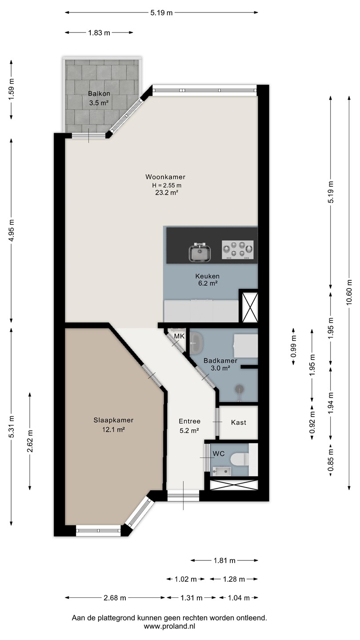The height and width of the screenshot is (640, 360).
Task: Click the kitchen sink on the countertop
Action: tap(200, 252)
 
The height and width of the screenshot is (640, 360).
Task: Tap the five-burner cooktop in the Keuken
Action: tap(238, 250)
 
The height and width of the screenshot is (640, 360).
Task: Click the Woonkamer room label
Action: tap(165, 177)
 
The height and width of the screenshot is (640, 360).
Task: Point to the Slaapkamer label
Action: tap(113, 420)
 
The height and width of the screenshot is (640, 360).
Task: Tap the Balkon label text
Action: tap(99, 93)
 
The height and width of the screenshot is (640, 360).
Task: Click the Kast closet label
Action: tap(239, 422)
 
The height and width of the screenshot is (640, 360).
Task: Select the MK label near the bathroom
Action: tap(180, 336)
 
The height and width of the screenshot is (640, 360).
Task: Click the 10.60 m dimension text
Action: tap(349, 292)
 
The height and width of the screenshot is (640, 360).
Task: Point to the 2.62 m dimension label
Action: tap(30, 441)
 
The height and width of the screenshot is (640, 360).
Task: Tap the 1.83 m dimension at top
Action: tap(99, 33)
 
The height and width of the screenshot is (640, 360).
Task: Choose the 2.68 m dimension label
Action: tap(115, 598)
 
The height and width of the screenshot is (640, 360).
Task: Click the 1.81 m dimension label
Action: tap(224, 560)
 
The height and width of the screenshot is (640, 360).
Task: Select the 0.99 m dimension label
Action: tap(293, 346)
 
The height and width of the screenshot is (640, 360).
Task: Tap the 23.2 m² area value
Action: tap(167, 192)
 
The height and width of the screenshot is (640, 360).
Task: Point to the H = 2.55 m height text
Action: tap(167, 185)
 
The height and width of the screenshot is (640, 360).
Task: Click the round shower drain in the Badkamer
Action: tap(239, 388)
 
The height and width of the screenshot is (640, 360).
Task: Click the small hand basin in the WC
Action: tap(222, 471)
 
